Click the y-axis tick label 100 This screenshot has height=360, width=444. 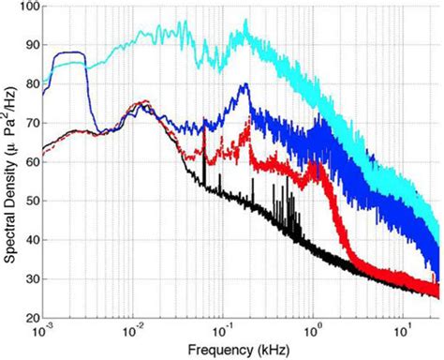(x=26, y=7)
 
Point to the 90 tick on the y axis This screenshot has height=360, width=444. (x=29, y=45)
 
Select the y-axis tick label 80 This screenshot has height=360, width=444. (x=29, y=83)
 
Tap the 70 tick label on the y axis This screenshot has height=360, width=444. (x=29, y=123)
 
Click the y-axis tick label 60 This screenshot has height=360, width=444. (x=29, y=162)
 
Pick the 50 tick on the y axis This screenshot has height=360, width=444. (x=29, y=201)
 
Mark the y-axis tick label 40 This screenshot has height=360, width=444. (x=29, y=240)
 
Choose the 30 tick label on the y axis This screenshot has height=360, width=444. (x=29, y=279)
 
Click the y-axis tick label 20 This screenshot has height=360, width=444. (x=29, y=317)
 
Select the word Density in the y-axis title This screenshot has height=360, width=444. (x=8, y=157)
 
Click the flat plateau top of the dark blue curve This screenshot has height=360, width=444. (x=71, y=53)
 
